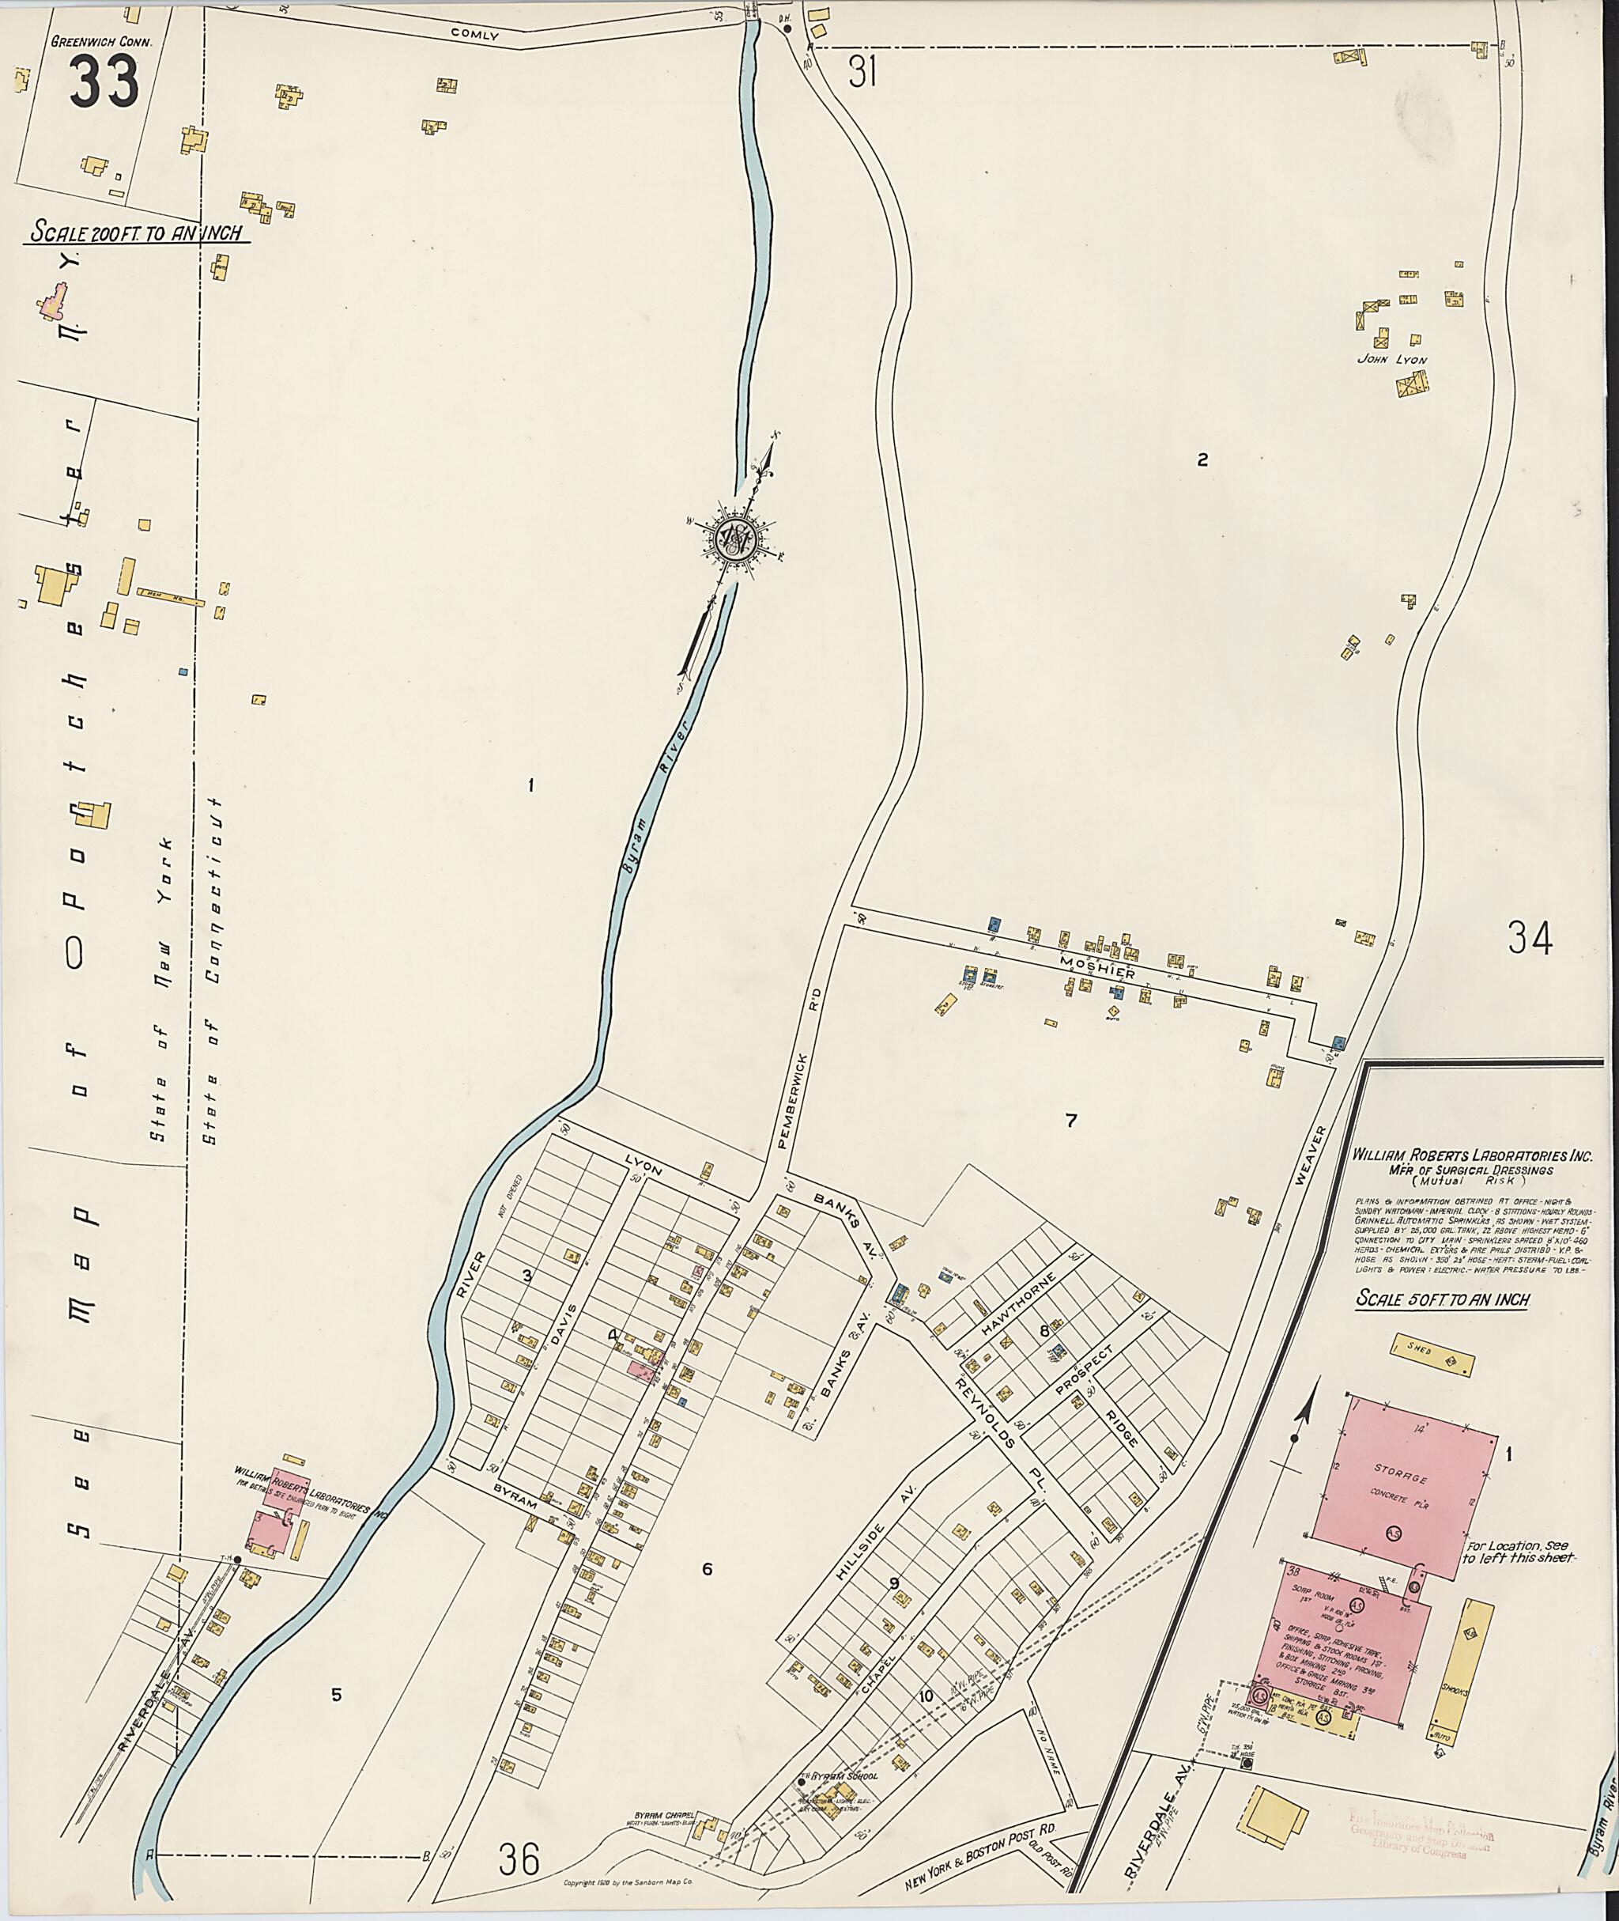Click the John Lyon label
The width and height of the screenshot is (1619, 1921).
[x=1392, y=360]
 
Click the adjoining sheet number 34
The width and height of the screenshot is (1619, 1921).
[x=1529, y=939]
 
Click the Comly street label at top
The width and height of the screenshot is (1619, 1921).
[x=474, y=35]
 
